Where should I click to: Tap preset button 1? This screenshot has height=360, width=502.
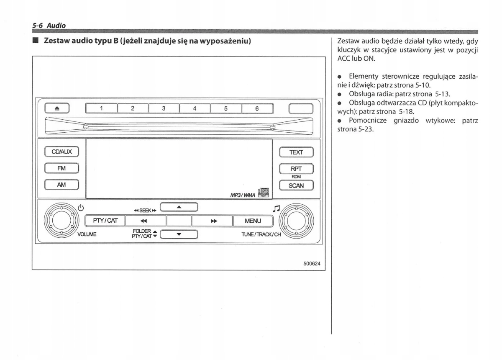point(101,108)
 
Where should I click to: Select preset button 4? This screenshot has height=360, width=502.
point(195,108)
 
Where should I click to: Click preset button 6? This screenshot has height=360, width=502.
point(257,108)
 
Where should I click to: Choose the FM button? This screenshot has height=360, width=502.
point(61,168)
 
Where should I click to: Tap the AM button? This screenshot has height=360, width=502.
point(61,185)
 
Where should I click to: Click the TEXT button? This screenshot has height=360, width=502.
point(296,152)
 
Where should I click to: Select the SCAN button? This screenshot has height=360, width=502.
point(296,185)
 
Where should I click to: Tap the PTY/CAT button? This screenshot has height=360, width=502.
point(105,221)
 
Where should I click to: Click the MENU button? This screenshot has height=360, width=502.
point(253,221)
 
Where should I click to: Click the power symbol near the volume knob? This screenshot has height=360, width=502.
point(81,207)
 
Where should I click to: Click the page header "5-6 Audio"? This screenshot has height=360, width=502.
point(49,26)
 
